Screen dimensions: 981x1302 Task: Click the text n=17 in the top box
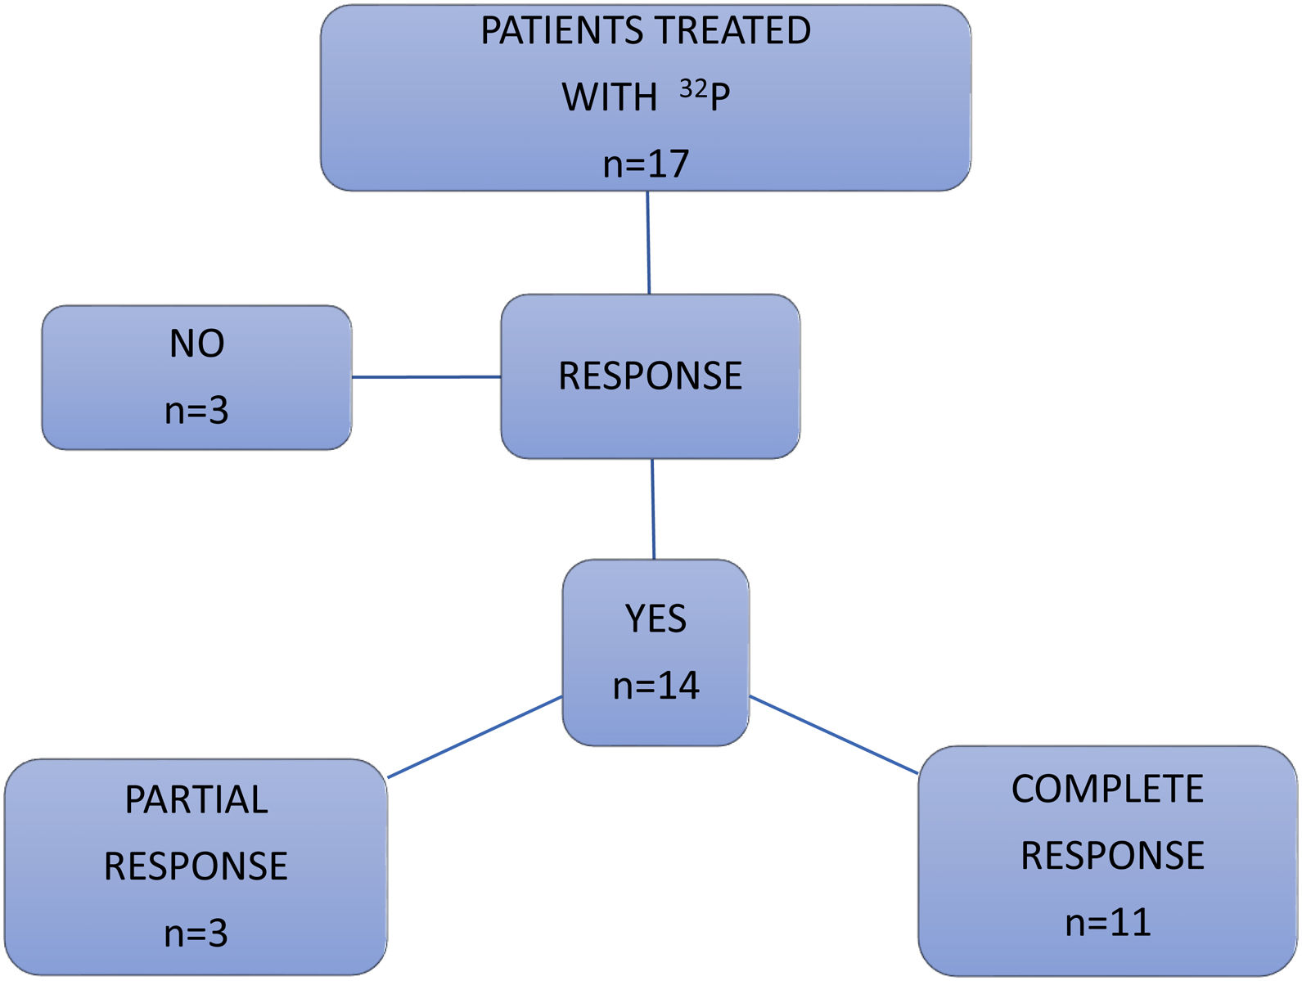(646, 164)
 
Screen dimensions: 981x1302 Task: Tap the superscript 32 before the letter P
(692, 88)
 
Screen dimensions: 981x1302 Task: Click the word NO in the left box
(196, 344)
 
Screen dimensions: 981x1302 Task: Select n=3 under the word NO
(196, 410)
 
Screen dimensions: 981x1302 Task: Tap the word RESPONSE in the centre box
(650, 376)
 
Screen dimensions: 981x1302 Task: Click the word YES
(656, 619)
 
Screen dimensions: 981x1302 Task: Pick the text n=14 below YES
(656, 686)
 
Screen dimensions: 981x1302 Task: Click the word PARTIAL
(196, 800)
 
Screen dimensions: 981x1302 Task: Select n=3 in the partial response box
(196, 933)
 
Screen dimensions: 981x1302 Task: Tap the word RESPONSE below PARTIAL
(196, 866)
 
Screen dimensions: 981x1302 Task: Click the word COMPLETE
(1107, 790)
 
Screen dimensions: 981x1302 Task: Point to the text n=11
(1107, 923)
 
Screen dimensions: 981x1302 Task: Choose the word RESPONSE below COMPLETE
(1112, 856)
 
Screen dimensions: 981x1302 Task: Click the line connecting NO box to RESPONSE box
(426, 377)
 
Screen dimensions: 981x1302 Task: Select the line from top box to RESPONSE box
(648, 243)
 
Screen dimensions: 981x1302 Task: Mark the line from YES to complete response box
(833, 735)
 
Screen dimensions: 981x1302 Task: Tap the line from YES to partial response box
(475, 736)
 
